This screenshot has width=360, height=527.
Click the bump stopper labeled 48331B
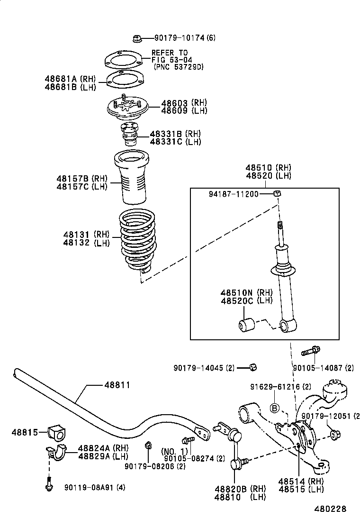(x=129, y=134)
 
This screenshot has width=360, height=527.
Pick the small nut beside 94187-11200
(x=278, y=192)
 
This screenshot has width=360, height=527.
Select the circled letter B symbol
(x=274, y=408)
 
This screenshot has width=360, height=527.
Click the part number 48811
(x=117, y=385)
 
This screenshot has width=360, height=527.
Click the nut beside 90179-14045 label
(x=253, y=367)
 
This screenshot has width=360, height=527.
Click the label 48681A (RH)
(x=70, y=79)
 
